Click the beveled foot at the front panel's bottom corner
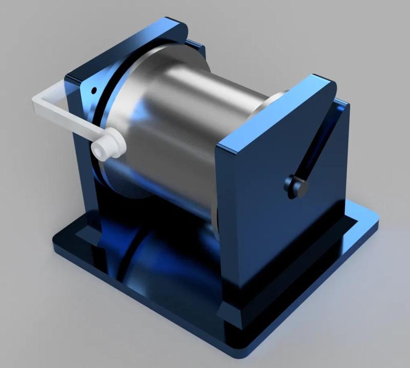point(228,313)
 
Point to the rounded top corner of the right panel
point(328,82)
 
